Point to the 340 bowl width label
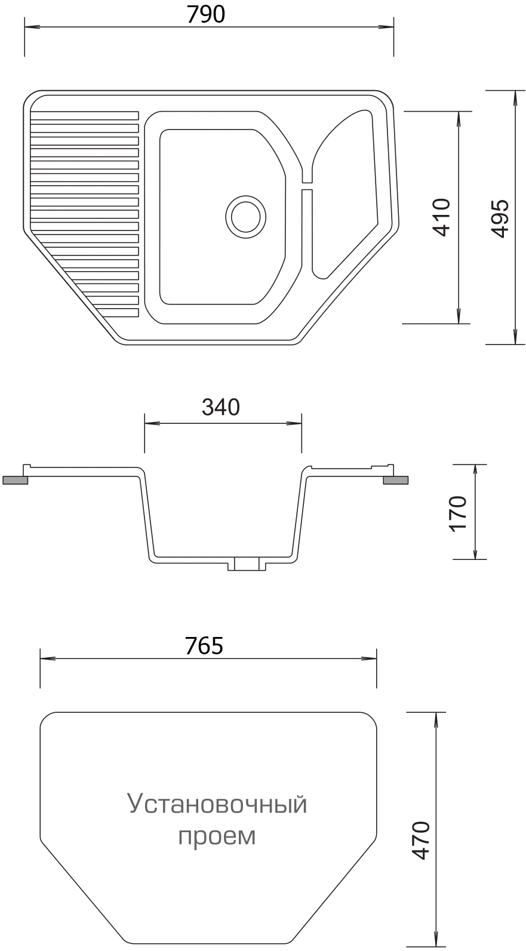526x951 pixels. (x=221, y=407)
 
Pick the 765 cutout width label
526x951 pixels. (x=204, y=646)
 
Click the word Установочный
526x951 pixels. (x=217, y=805)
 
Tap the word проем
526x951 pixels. (x=217, y=836)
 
